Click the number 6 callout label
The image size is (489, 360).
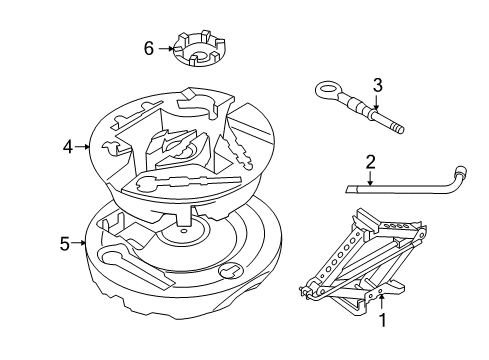[x=149, y=47]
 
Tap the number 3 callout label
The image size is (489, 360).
[x=378, y=84]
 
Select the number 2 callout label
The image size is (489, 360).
[x=369, y=162]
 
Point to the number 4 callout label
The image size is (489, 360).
[x=68, y=147]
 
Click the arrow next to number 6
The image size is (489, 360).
[x=166, y=47]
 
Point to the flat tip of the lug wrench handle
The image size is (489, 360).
[x=346, y=187]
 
